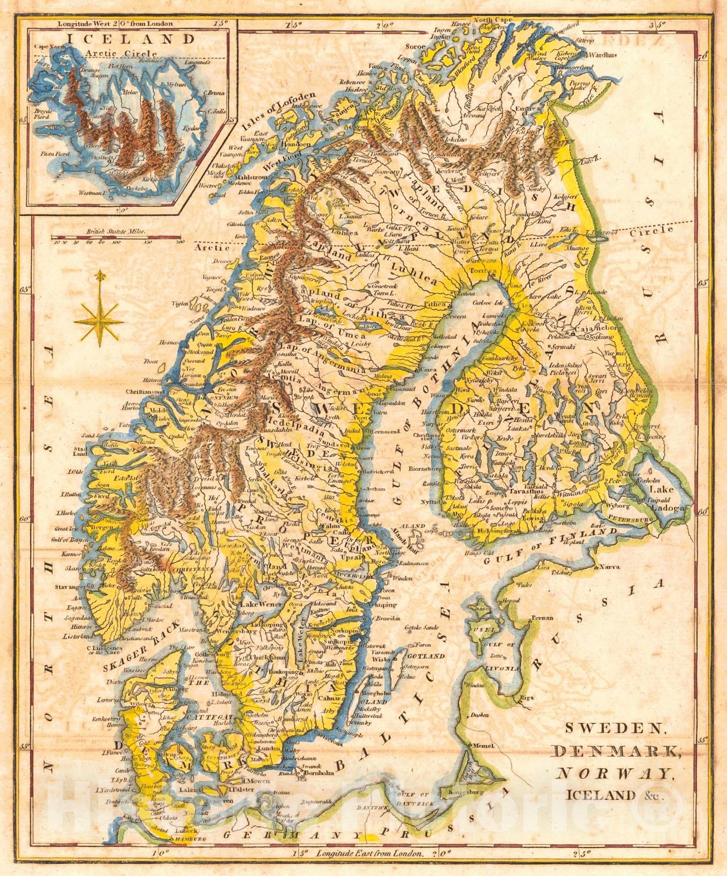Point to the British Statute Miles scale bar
tap(117, 238)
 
